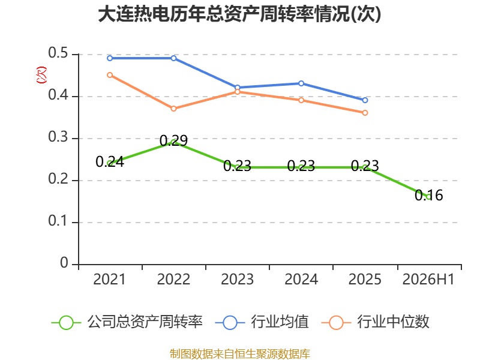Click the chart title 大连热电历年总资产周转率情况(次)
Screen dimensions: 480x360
pyautogui.click(x=239, y=14)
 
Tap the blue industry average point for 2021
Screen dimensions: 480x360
pyautogui.click(x=110, y=58)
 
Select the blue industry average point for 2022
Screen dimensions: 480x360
pyautogui.click(x=173, y=58)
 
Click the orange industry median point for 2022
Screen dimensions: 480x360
pyautogui.click(x=173, y=109)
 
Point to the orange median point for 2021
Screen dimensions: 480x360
pyautogui.click(x=110, y=75)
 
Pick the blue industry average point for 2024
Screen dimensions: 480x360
pyautogui.click(x=301, y=83)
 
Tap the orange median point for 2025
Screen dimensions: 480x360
pyautogui.click(x=365, y=113)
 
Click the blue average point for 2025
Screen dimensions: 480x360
pyautogui.click(x=365, y=100)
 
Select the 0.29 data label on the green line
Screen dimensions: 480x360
pyautogui.click(x=173, y=140)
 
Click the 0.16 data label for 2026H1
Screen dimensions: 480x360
pyautogui.click(x=428, y=196)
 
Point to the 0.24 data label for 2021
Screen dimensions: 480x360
pyautogui.click(x=110, y=161)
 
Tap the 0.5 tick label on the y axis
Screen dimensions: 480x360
pyautogui.click(x=58, y=53)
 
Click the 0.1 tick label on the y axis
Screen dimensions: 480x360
pyautogui.click(x=58, y=221)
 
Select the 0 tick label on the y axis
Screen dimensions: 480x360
pyautogui.click(x=64, y=263)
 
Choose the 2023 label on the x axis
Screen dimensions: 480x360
pyautogui.click(x=237, y=280)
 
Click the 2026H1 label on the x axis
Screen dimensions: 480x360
pyautogui.click(x=428, y=280)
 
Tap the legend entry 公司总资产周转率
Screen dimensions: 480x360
pyautogui.click(x=127, y=322)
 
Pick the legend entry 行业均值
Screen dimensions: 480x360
pyautogui.click(x=262, y=322)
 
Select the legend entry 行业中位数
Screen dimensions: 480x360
pyautogui.click(x=376, y=322)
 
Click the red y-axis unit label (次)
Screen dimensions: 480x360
pyautogui.click(x=41, y=74)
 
